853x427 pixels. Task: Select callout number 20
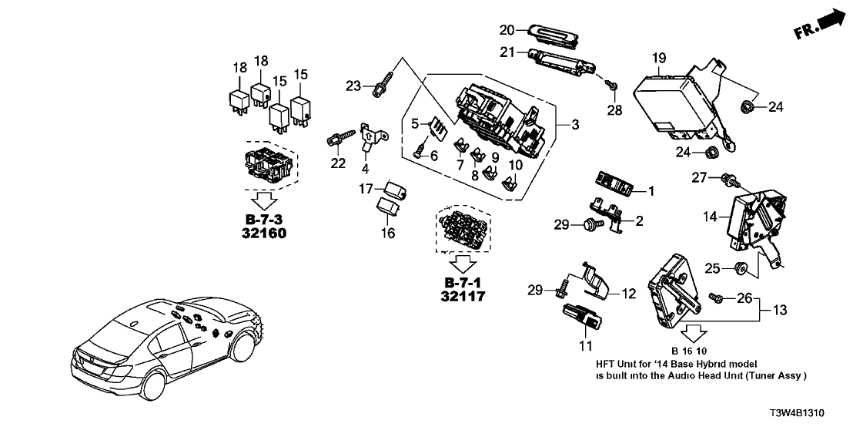506,30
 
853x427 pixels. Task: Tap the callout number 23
353,86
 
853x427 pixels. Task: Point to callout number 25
713,268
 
